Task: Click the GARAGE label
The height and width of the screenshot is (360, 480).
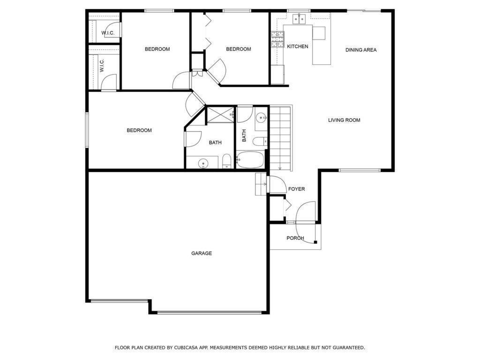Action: point(202,253)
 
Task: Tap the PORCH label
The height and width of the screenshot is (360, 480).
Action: point(295,238)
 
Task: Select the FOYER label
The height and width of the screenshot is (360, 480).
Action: point(296,189)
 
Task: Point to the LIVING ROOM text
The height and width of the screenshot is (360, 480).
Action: point(344,120)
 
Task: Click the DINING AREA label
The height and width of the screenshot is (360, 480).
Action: point(361,50)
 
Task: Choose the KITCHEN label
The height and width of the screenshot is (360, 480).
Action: point(298,46)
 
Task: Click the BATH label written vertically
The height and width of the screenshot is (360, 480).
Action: point(244,135)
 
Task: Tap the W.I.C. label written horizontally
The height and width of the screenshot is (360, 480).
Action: point(108,33)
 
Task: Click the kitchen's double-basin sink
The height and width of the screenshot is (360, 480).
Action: point(299,19)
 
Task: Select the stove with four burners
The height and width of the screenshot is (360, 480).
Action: point(277,40)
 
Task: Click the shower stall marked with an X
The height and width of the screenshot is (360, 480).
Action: point(220,115)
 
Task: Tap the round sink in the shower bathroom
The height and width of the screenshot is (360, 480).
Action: point(203,163)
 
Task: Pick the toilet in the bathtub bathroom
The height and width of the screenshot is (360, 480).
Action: point(260,141)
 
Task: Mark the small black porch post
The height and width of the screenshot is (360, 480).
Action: point(315,242)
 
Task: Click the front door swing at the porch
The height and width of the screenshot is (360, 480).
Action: point(307,211)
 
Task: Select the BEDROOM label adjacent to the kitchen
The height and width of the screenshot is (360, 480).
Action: point(238,49)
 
